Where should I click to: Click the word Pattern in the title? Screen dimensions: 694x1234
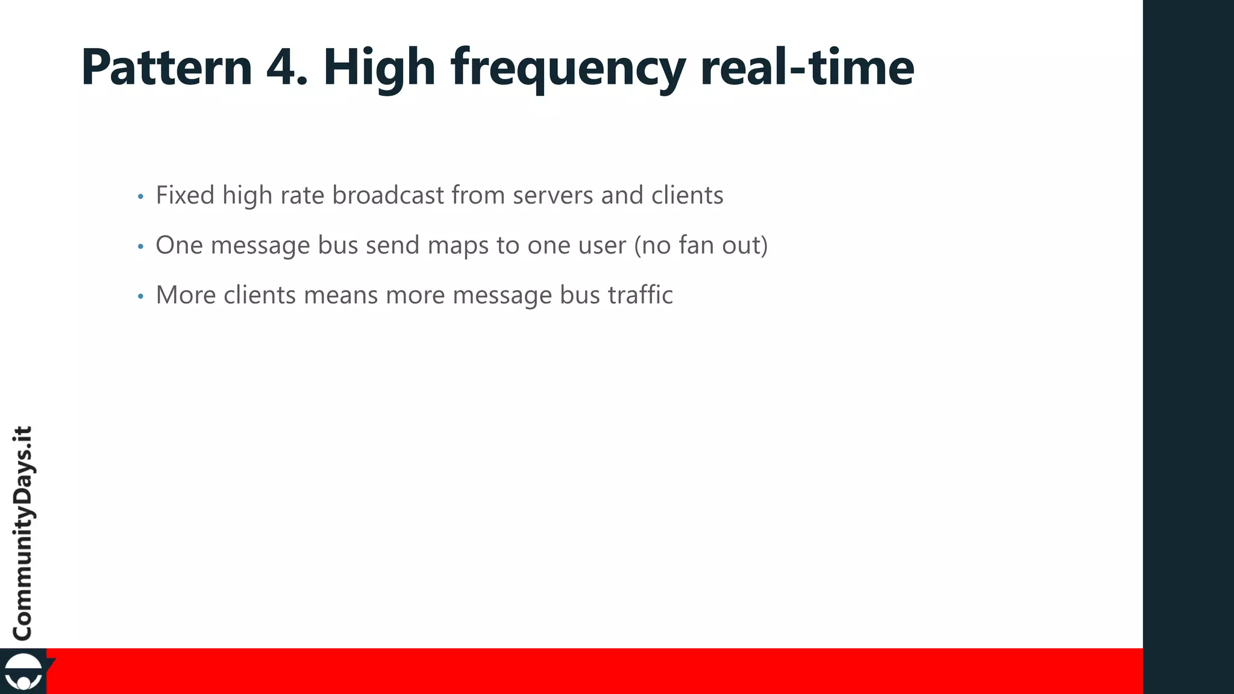(166, 67)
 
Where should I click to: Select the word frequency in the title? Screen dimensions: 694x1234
(567, 68)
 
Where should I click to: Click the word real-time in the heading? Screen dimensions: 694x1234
(807, 67)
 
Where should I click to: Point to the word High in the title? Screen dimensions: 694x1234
(379, 68)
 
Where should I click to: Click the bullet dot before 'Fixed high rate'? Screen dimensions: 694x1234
(140, 197)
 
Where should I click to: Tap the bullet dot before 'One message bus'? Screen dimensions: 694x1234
(140, 246)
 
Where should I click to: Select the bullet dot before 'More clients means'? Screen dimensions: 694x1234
(140, 296)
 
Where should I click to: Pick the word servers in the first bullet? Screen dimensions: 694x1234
(553, 195)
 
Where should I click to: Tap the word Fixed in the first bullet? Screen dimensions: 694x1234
(185, 195)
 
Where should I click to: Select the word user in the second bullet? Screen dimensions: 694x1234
(600, 246)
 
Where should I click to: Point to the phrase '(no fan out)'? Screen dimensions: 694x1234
(701, 246)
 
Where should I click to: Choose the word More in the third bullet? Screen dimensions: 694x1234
(186, 295)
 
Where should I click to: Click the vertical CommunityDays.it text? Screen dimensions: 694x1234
(23, 533)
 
